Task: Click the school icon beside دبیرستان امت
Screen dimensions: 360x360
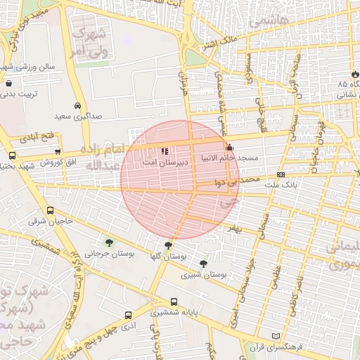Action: coord(165,150)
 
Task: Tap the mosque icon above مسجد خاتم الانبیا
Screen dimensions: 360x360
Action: coord(229,148)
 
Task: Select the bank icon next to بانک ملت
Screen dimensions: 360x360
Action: coord(281,174)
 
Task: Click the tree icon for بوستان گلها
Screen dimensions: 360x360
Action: coord(168,245)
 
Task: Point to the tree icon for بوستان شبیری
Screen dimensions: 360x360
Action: coord(203,263)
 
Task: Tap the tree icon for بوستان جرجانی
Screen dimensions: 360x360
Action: coord(107,242)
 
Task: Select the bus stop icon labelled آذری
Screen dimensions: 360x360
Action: coord(127,315)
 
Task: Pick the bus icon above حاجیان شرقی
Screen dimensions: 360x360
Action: coord(50,210)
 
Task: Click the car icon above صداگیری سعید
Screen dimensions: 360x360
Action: coord(78,103)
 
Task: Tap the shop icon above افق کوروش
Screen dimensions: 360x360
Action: coord(58,152)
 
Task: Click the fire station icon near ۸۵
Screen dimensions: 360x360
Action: coord(355,75)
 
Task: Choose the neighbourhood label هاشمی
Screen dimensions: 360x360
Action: coord(274,20)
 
